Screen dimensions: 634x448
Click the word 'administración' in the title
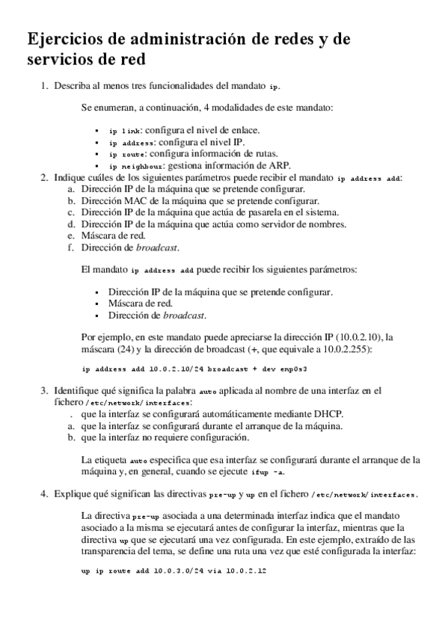188,40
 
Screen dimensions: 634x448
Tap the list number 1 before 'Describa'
43,87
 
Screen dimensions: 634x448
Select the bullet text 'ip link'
124,130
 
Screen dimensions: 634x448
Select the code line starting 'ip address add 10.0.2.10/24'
194,369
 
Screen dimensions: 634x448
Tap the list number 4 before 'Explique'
43,493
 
